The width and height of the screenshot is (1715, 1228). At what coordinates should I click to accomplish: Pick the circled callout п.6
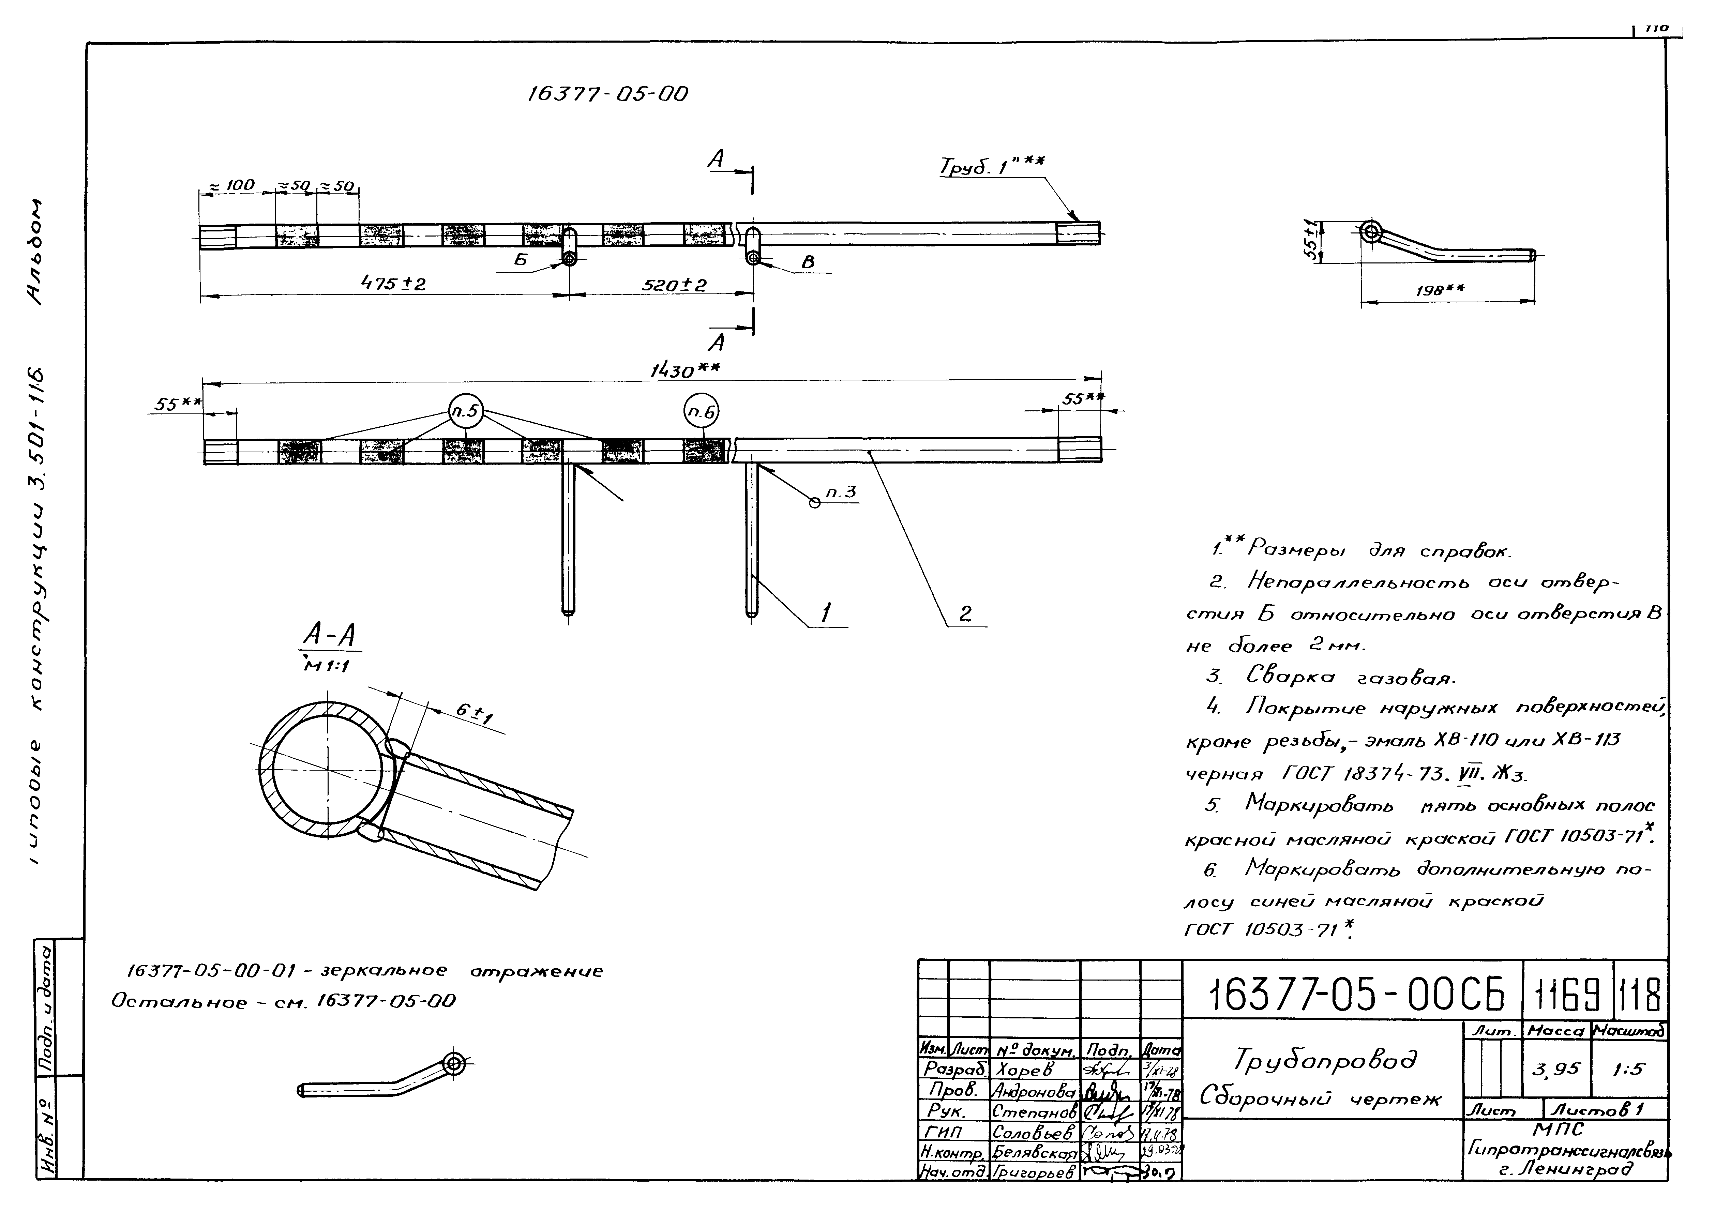coord(701,412)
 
